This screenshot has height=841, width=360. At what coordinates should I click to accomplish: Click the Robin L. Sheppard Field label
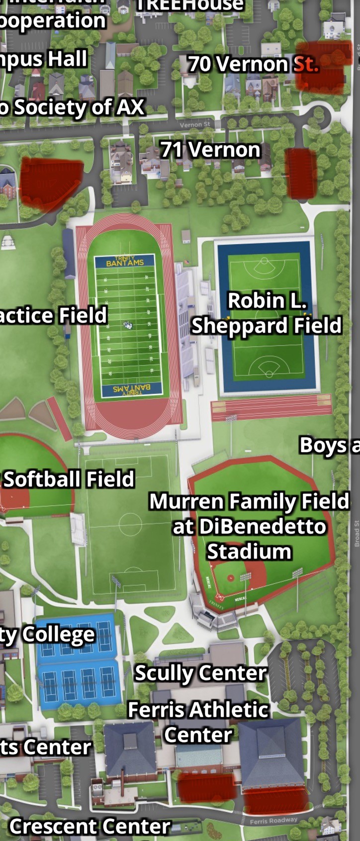pyautogui.click(x=267, y=313)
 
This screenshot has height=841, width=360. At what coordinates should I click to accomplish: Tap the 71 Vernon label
pyautogui.click(x=210, y=150)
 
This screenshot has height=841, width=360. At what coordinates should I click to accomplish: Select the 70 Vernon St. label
pyautogui.click(x=253, y=64)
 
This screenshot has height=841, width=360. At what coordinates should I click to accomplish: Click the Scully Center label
pyautogui.click(x=201, y=673)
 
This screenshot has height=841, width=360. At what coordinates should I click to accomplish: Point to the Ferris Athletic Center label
pyautogui.click(x=198, y=722)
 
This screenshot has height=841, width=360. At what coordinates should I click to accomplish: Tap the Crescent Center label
pyautogui.click(x=90, y=827)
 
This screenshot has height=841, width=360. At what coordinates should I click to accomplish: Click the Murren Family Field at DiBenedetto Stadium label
pyautogui.click(x=249, y=526)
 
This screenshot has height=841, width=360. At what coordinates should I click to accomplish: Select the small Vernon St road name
pyautogui.click(x=194, y=124)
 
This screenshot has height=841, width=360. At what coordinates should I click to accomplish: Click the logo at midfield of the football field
pyautogui.click(x=128, y=325)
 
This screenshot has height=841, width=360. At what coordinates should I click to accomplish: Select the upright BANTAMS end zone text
pyautogui.click(x=125, y=262)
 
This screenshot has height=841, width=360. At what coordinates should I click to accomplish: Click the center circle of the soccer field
pyautogui.click(x=130, y=525)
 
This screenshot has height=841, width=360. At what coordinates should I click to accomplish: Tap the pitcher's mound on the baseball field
pyautogui.click(x=231, y=578)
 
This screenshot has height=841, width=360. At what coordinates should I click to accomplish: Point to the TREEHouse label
pyautogui.click(x=189, y=5)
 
